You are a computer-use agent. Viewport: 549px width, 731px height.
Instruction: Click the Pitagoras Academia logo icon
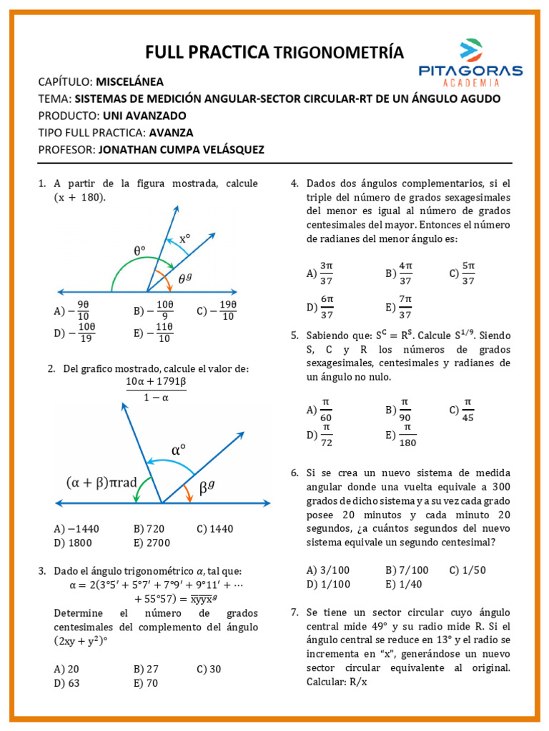pos(470,49)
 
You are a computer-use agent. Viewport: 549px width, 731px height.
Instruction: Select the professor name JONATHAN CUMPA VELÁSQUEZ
pos(181,150)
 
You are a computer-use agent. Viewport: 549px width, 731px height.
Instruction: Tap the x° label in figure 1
pos(185,239)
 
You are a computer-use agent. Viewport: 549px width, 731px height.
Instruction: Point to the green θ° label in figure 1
pos(139,251)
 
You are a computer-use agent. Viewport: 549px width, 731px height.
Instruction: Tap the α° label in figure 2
pos(179,450)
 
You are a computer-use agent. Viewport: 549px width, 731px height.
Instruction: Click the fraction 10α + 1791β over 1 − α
pos(156,390)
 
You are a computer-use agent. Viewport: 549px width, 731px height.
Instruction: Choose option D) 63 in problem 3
pos(66,682)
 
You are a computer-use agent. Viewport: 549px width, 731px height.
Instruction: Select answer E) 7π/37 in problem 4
pos(399,307)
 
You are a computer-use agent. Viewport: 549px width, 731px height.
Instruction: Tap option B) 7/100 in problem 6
pos(407,570)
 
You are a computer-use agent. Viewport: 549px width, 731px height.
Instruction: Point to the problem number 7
pos(295,612)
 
